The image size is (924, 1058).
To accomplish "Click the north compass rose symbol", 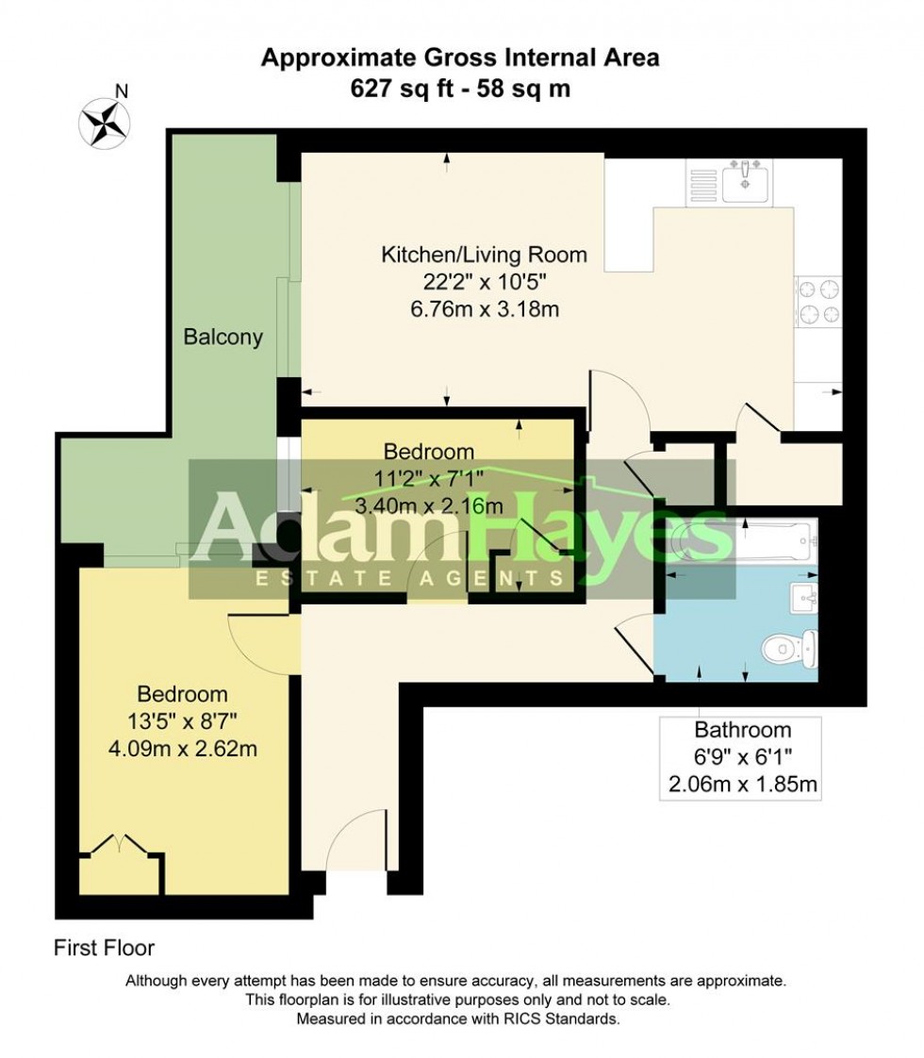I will pos(105,121).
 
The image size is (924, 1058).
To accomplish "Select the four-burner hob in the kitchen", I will pos(818,302).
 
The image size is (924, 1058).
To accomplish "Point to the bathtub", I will pos(745,544).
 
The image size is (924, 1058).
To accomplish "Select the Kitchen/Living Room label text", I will pos(484,255).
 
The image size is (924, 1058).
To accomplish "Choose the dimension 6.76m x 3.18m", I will pos(484,309).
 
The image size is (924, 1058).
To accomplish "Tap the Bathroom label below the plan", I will pos(742,729).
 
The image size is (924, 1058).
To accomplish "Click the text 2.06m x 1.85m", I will pos(742,783).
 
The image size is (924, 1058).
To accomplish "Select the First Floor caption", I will pos(104,948).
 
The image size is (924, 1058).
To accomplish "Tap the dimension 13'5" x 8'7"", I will pos(183,722).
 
